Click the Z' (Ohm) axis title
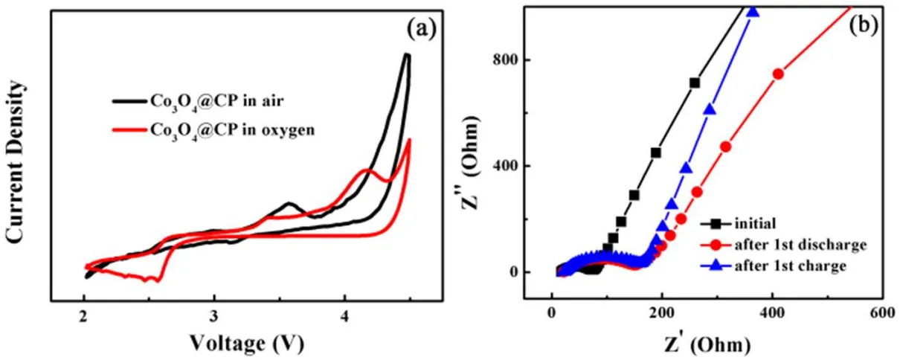click(707, 344)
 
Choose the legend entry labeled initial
click(751, 222)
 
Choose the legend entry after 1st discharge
click(795, 243)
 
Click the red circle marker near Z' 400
click(778, 74)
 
